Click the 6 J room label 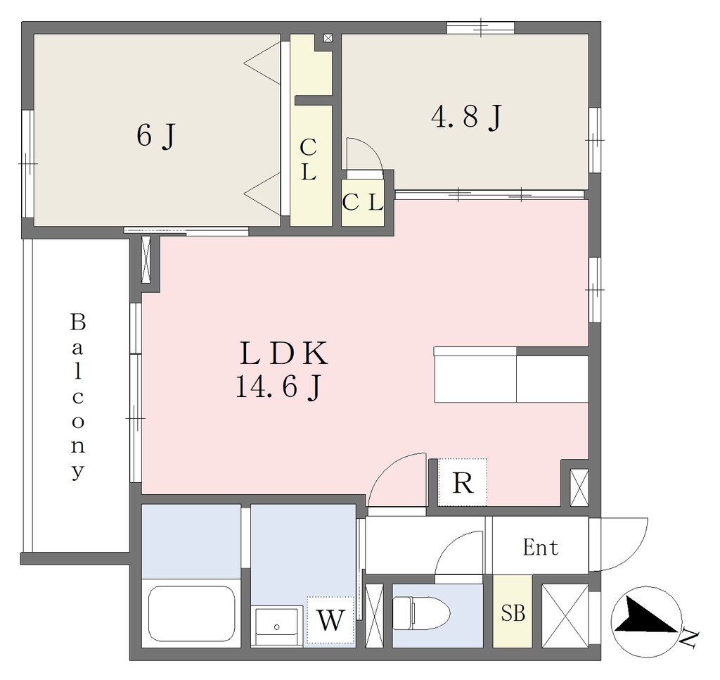click(156, 136)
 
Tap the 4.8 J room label click(467, 117)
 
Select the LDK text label click(284, 354)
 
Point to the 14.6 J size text click(278, 387)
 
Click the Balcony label click(78, 396)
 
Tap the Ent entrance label click(541, 547)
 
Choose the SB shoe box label click(513, 613)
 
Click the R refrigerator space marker click(463, 482)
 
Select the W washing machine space click(330, 619)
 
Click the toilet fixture click(422, 613)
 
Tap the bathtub click(192, 613)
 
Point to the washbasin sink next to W click(277, 627)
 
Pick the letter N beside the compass click(689, 640)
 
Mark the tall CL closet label click(308, 160)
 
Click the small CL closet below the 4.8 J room click(363, 202)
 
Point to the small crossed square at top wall click(328, 38)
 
